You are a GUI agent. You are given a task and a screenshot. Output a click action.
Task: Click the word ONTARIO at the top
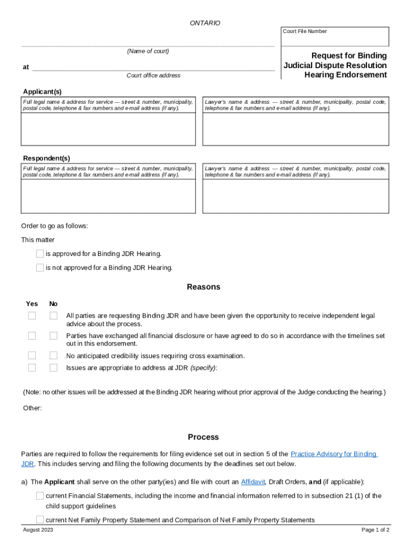(x=205, y=23)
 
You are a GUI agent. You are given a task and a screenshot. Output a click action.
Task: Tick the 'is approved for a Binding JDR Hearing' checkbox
(x=40, y=254)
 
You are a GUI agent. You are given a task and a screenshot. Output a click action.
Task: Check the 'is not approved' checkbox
(x=40, y=268)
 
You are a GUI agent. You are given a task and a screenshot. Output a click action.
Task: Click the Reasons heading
(x=203, y=287)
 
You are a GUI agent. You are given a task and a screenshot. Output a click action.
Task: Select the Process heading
(x=203, y=437)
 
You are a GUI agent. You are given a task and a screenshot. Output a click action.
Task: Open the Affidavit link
(x=253, y=482)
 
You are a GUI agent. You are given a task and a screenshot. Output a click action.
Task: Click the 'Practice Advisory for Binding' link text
(x=334, y=454)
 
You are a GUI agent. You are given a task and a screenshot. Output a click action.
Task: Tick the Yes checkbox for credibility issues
(x=32, y=356)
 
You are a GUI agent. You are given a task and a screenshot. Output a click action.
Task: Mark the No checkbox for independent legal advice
(x=53, y=316)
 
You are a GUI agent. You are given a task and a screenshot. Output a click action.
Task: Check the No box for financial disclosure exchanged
(x=53, y=336)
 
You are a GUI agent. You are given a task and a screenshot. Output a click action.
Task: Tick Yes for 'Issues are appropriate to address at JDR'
(x=32, y=367)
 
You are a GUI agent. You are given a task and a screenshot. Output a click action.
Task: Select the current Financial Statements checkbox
(x=40, y=496)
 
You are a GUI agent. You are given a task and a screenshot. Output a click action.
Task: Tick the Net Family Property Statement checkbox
(x=40, y=519)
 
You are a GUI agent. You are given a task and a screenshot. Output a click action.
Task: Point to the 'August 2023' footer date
(x=38, y=530)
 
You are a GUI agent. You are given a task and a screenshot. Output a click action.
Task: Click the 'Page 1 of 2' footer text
(x=375, y=530)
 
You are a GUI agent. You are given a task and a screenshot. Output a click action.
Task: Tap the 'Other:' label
(x=32, y=408)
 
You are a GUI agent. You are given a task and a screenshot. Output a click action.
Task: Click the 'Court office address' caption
(x=153, y=76)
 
